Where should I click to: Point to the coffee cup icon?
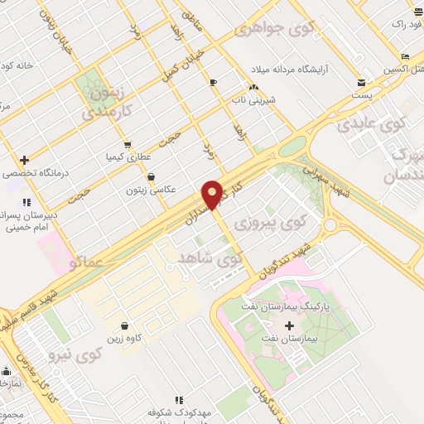pyautogui.click(x=213, y=82)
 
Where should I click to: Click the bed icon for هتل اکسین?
pyautogui.click(x=404, y=56)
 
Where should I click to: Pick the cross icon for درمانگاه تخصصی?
pyautogui.click(x=24, y=160)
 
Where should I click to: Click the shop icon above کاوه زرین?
pyautogui.click(x=124, y=325)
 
